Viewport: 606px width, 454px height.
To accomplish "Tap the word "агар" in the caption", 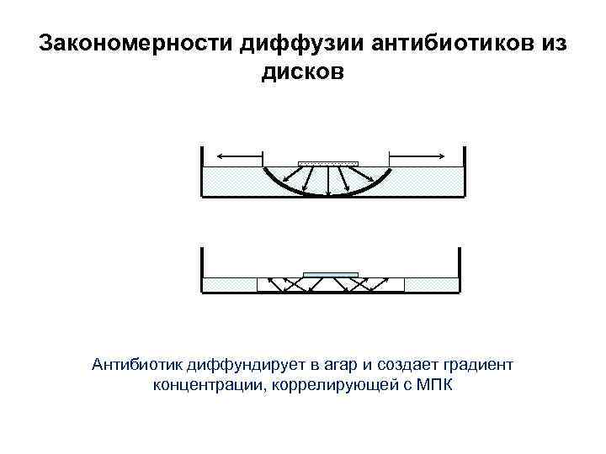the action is (338, 365).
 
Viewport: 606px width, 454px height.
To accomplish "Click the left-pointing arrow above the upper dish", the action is (239, 156).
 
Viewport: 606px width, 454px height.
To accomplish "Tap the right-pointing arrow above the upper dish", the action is (416, 156).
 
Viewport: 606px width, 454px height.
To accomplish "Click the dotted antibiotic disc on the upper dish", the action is (329, 163).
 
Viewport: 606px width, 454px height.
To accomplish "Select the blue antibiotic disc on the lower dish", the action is (330, 273).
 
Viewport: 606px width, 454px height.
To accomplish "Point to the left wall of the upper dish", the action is (202, 172).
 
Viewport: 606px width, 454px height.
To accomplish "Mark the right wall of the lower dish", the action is (460, 271).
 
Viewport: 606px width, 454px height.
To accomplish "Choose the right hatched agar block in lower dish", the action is (430, 285).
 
